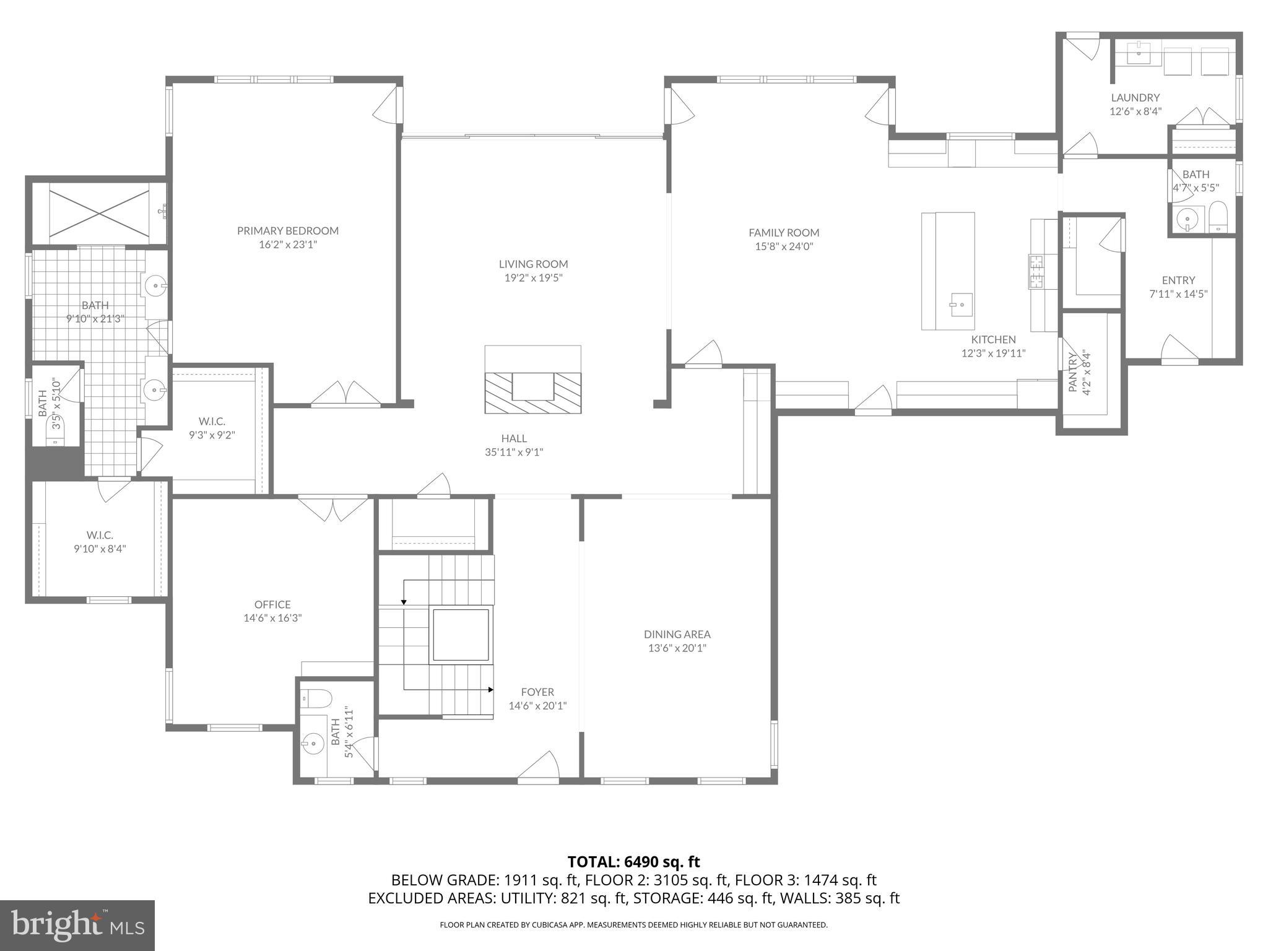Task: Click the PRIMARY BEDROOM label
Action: tap(288, 231)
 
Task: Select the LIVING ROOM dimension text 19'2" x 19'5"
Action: tap(533, 278)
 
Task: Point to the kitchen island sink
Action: tap(961, 304)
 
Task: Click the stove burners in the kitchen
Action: tap(1036, 272)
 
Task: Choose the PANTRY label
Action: tap(1073, 371)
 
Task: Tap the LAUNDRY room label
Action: tap(1135, 97)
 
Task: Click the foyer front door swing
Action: tap(539, 766)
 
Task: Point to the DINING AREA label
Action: tap(677, 634)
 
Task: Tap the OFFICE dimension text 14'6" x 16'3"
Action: tap(272, 618)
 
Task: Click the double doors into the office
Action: tap(332, 508)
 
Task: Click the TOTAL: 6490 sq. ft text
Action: tap(633, 862)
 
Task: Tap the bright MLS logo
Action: tap(77, 925)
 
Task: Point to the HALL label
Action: tap(514, 438)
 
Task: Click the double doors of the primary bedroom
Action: tap(346, 394)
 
